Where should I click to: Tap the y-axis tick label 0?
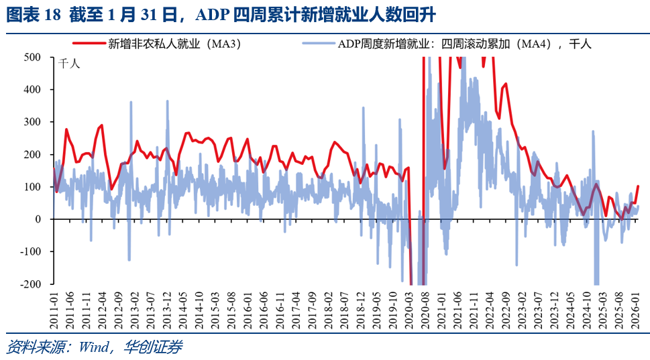point(38,219)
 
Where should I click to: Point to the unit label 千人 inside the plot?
point(69,65)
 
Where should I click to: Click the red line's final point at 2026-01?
point(638,186)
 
